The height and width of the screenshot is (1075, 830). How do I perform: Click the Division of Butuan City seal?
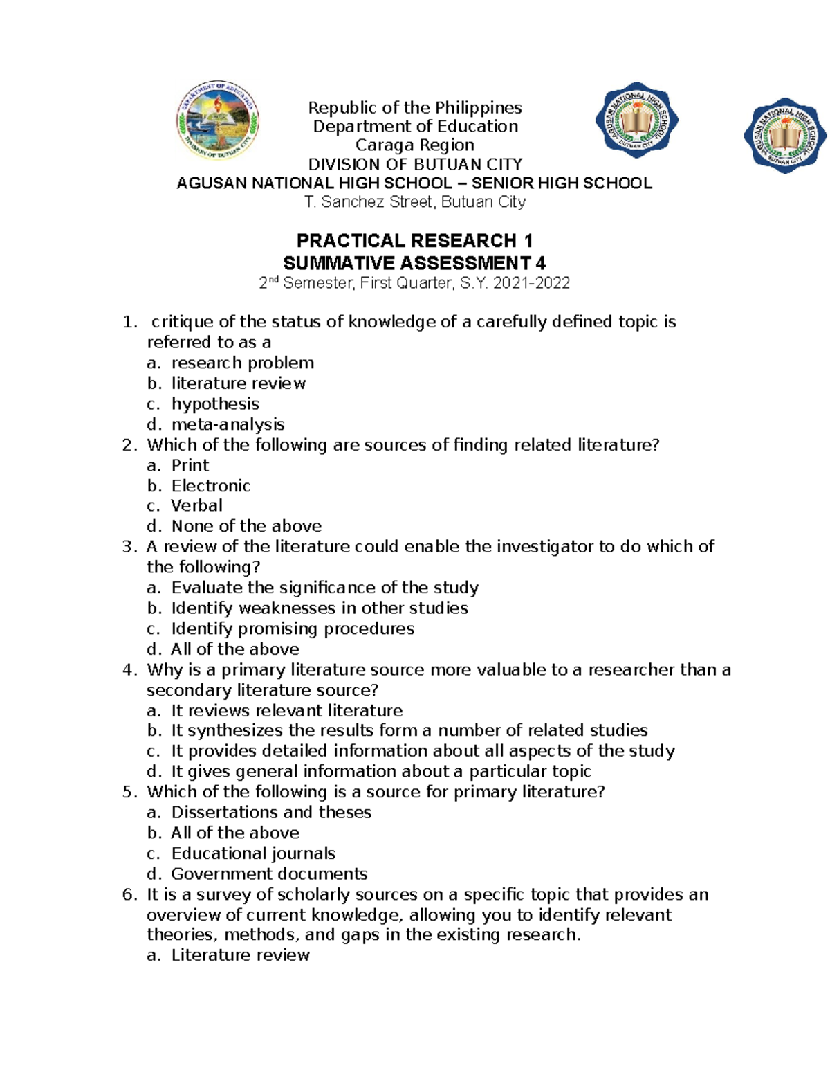(218, 121)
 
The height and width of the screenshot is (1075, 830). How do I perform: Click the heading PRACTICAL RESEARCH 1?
(414, 241)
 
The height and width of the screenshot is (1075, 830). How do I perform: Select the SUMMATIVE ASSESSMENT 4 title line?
(414, 263)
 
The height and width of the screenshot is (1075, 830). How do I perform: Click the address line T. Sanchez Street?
(414, 202)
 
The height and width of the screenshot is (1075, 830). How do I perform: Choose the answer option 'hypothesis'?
(215, 404)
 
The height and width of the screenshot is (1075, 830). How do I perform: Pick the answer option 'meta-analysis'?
(228, 424)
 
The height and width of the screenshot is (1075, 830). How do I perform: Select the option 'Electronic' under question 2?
(210, 486)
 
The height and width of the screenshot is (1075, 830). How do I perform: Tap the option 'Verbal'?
(196, 506)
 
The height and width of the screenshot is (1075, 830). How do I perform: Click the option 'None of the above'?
(246, 526)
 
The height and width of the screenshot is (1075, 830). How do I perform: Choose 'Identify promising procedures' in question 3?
(293, 629)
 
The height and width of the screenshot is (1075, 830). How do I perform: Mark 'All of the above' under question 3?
(235, 649)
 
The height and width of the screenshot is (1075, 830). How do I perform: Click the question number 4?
(129, 670)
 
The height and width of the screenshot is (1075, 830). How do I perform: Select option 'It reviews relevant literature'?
(286, 711)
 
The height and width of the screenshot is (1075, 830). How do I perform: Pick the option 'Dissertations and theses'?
(271, 813)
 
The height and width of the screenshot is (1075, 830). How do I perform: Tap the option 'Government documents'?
(269, 874)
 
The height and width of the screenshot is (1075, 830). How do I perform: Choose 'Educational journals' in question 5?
(253, 853)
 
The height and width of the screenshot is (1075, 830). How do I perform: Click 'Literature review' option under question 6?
(240, 955)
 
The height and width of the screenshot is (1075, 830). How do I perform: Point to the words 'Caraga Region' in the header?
(414, 145)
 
